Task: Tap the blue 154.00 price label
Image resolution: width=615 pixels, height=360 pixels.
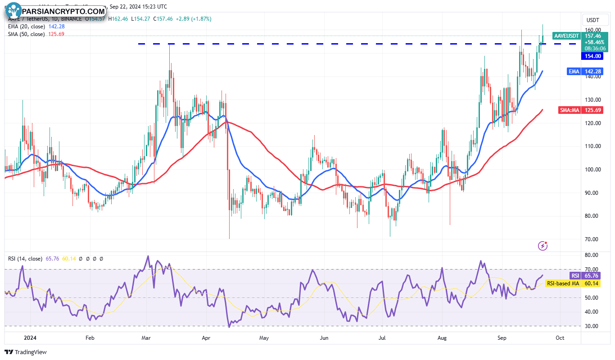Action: (x=592, y=56)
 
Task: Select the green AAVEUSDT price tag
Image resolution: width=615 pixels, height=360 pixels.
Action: (x=566, y=36)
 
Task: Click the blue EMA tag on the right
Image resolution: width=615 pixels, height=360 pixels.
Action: (x=573, y=71)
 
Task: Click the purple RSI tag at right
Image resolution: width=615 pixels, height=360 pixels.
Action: (x=575, y=276)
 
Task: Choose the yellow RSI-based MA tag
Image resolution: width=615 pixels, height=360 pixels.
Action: (x=563, y=283)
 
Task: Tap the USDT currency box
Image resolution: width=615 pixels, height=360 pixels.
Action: (x=592, y=20)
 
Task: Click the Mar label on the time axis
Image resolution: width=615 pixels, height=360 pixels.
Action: (x=145, y=337)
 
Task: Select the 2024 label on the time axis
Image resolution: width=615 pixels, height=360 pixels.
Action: (x=30, y=337)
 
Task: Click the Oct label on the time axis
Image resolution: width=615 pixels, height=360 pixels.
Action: (x=560, y=337)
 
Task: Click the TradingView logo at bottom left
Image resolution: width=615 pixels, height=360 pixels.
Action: (x=26, y=352)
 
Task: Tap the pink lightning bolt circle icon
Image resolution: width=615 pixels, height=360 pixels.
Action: (x=543, y=246)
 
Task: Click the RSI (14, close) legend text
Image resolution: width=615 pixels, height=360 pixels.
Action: (x=25, y=259)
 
